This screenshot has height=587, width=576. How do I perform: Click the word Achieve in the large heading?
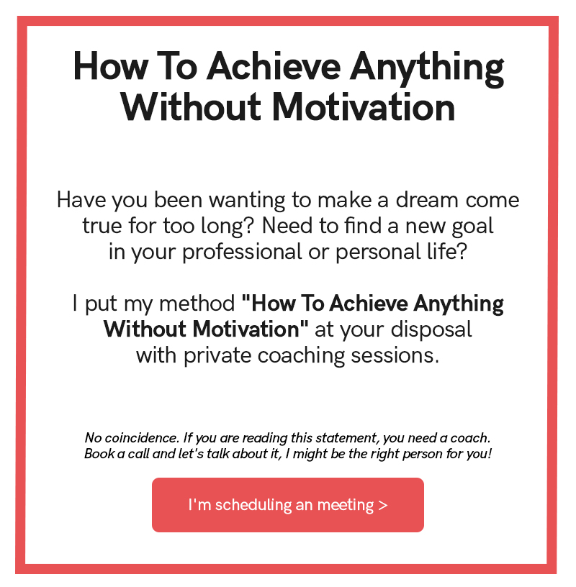click(274, 67)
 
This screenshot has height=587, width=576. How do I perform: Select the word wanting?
click(247, 201)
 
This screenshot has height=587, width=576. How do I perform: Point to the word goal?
click(472, 227)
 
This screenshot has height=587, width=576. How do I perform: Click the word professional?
click(242, 252)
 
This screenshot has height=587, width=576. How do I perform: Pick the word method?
click(197, 304)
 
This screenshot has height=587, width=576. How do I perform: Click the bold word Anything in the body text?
click(459, 304)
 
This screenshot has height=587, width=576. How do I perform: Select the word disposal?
click(431, 330)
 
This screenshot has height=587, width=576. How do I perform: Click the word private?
click(217, 355)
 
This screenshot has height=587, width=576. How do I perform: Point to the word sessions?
click(395, 355)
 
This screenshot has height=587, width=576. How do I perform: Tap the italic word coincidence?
click(142, 437)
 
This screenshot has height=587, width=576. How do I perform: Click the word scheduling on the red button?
click(253, 506)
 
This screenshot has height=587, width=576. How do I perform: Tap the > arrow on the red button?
click(383, 506)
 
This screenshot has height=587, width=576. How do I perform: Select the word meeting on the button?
click(346, 506)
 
